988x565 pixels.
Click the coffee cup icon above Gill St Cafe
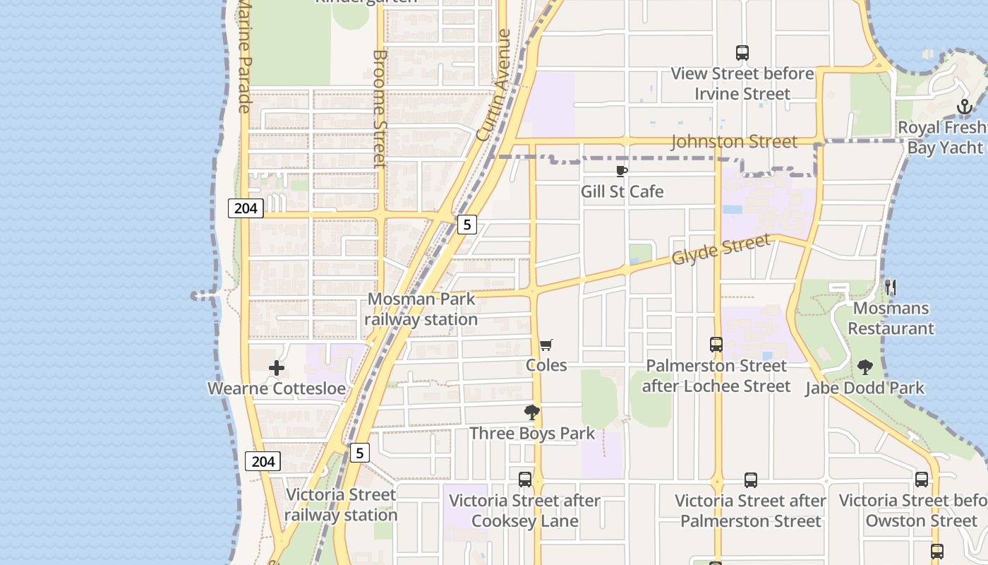[622, 171]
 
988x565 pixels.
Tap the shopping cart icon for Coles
[546, 345]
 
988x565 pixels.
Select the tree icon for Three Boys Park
[532, 412]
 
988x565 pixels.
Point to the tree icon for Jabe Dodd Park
[864, 367]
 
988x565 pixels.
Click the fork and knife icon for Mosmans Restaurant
[891, 287]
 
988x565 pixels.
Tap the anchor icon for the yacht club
[965, 107]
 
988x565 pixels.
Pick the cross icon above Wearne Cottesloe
[277, 368]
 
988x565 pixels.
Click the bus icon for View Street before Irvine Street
[742, 53]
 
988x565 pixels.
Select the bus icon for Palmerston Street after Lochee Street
[716, 345]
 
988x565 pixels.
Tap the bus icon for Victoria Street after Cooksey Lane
[525, 480]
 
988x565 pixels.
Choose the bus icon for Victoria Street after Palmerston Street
[751, 480]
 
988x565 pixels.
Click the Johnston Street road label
[734, 142]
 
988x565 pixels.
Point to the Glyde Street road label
[721, 250]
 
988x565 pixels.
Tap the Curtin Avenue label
[494, 85]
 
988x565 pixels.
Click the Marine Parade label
[244, 56]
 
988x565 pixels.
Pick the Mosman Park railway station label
[422, 309]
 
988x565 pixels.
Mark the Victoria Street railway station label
[341, 505]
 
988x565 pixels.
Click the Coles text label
[546, 365]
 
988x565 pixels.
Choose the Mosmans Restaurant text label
[891, 319]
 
